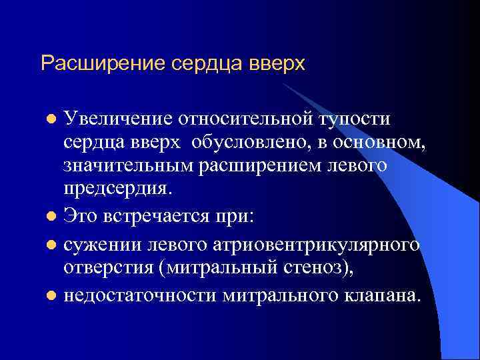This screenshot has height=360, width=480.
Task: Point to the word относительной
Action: tap(239, 119)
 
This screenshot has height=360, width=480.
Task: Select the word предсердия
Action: tap(117, 190)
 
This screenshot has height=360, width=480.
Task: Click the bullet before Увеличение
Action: tap(51, 119)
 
